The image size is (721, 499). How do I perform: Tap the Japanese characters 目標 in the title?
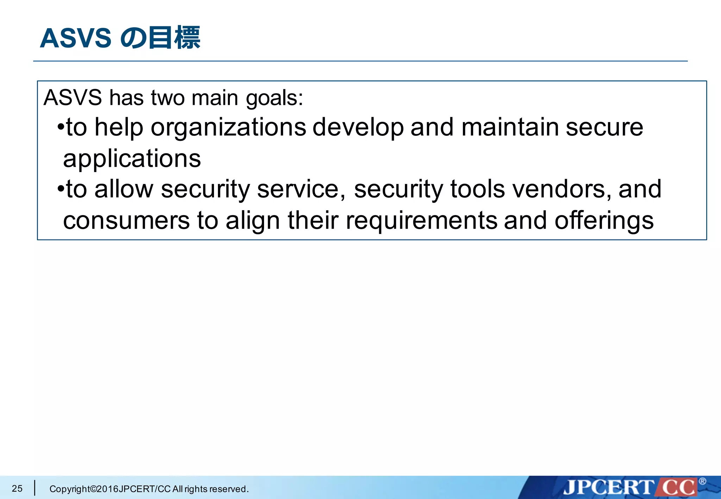click(174, 38)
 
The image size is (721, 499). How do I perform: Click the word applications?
click(132, 159)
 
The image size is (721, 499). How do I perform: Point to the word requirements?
click(421, 221)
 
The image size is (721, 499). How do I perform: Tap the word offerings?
click(604, 221)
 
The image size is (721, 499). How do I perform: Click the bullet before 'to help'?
click(61, 127)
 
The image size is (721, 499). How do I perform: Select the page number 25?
click(17, 488)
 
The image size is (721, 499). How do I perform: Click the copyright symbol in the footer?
click(93, 489)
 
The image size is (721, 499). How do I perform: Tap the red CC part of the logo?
click(678, 488)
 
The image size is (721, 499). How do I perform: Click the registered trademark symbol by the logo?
click(702, 481)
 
